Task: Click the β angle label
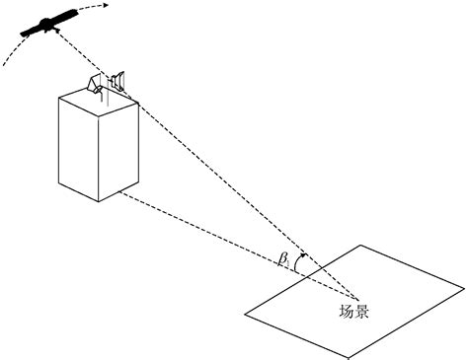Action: [x=282, y=259]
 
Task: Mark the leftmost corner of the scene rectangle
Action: [x=245, y=317]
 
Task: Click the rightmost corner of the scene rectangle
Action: [x=465, y=287]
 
